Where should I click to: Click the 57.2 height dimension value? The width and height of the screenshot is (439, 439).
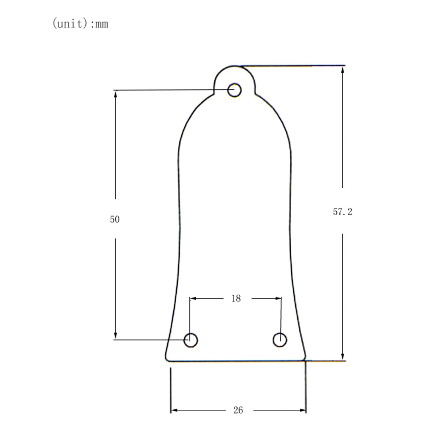[342, 212]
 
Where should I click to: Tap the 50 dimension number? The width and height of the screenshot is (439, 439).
[115, 219]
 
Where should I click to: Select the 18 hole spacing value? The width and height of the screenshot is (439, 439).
[236, 298]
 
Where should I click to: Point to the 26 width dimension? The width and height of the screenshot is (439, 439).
[238, 410]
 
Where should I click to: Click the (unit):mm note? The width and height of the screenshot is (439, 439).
[80, 24]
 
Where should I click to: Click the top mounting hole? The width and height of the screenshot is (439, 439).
[234, 90]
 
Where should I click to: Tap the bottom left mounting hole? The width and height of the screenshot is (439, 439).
[191, 340]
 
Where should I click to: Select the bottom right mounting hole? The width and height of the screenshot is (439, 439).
[280, 340]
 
